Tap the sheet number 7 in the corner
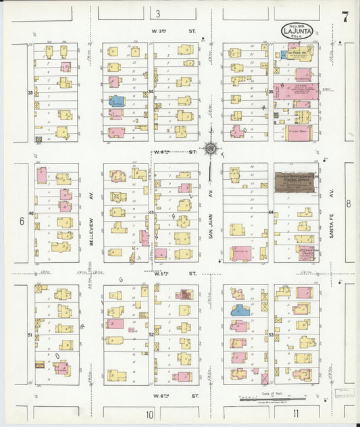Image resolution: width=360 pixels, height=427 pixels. [x=344, y=18]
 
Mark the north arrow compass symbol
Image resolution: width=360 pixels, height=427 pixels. [x=211, y=148]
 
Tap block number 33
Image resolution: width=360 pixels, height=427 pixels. [x=30, y=92]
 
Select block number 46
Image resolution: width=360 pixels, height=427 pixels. [x=30, y=214]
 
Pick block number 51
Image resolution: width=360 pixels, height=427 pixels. [x=30, y=334]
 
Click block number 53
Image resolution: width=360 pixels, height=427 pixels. [x=270, y=334]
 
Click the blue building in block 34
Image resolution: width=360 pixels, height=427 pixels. [x=117, y=102]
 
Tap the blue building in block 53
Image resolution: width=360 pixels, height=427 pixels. [x=238, y=310]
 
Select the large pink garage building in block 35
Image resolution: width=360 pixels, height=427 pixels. [x=296, y=92]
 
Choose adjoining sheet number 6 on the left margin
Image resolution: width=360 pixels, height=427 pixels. [x=21, y=220]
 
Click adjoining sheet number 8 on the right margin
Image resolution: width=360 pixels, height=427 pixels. [x=349, y=203]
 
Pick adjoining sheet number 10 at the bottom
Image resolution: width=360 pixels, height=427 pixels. [x=150, y=413]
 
